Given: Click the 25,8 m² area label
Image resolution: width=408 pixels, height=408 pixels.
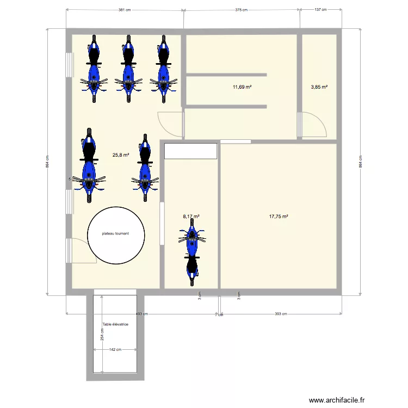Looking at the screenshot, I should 120,155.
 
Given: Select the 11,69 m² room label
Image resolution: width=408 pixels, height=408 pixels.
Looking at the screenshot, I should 242,87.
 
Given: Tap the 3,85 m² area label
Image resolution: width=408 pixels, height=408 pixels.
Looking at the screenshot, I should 319,87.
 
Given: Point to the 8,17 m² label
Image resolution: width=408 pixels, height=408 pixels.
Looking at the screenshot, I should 191,217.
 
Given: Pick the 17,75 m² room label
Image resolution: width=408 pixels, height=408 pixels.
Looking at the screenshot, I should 279,217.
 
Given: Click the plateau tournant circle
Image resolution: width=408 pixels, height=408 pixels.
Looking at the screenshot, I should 116,235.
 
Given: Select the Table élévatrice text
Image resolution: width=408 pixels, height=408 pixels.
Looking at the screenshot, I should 115,325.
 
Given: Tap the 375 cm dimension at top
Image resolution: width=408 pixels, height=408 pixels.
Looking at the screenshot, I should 242,10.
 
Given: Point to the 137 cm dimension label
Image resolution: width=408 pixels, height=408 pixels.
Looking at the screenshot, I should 320,10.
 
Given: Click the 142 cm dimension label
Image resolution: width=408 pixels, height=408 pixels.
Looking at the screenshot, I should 115,350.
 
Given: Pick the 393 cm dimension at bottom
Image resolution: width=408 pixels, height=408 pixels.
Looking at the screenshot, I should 280,314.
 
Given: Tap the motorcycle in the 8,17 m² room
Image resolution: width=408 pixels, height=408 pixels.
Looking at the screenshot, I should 192,256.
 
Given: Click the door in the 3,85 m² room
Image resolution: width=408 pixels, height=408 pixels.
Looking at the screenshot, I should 313,125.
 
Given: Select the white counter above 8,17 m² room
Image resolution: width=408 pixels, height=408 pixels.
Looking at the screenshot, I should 190,151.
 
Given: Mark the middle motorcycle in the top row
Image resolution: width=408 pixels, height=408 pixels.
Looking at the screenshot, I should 128,68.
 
